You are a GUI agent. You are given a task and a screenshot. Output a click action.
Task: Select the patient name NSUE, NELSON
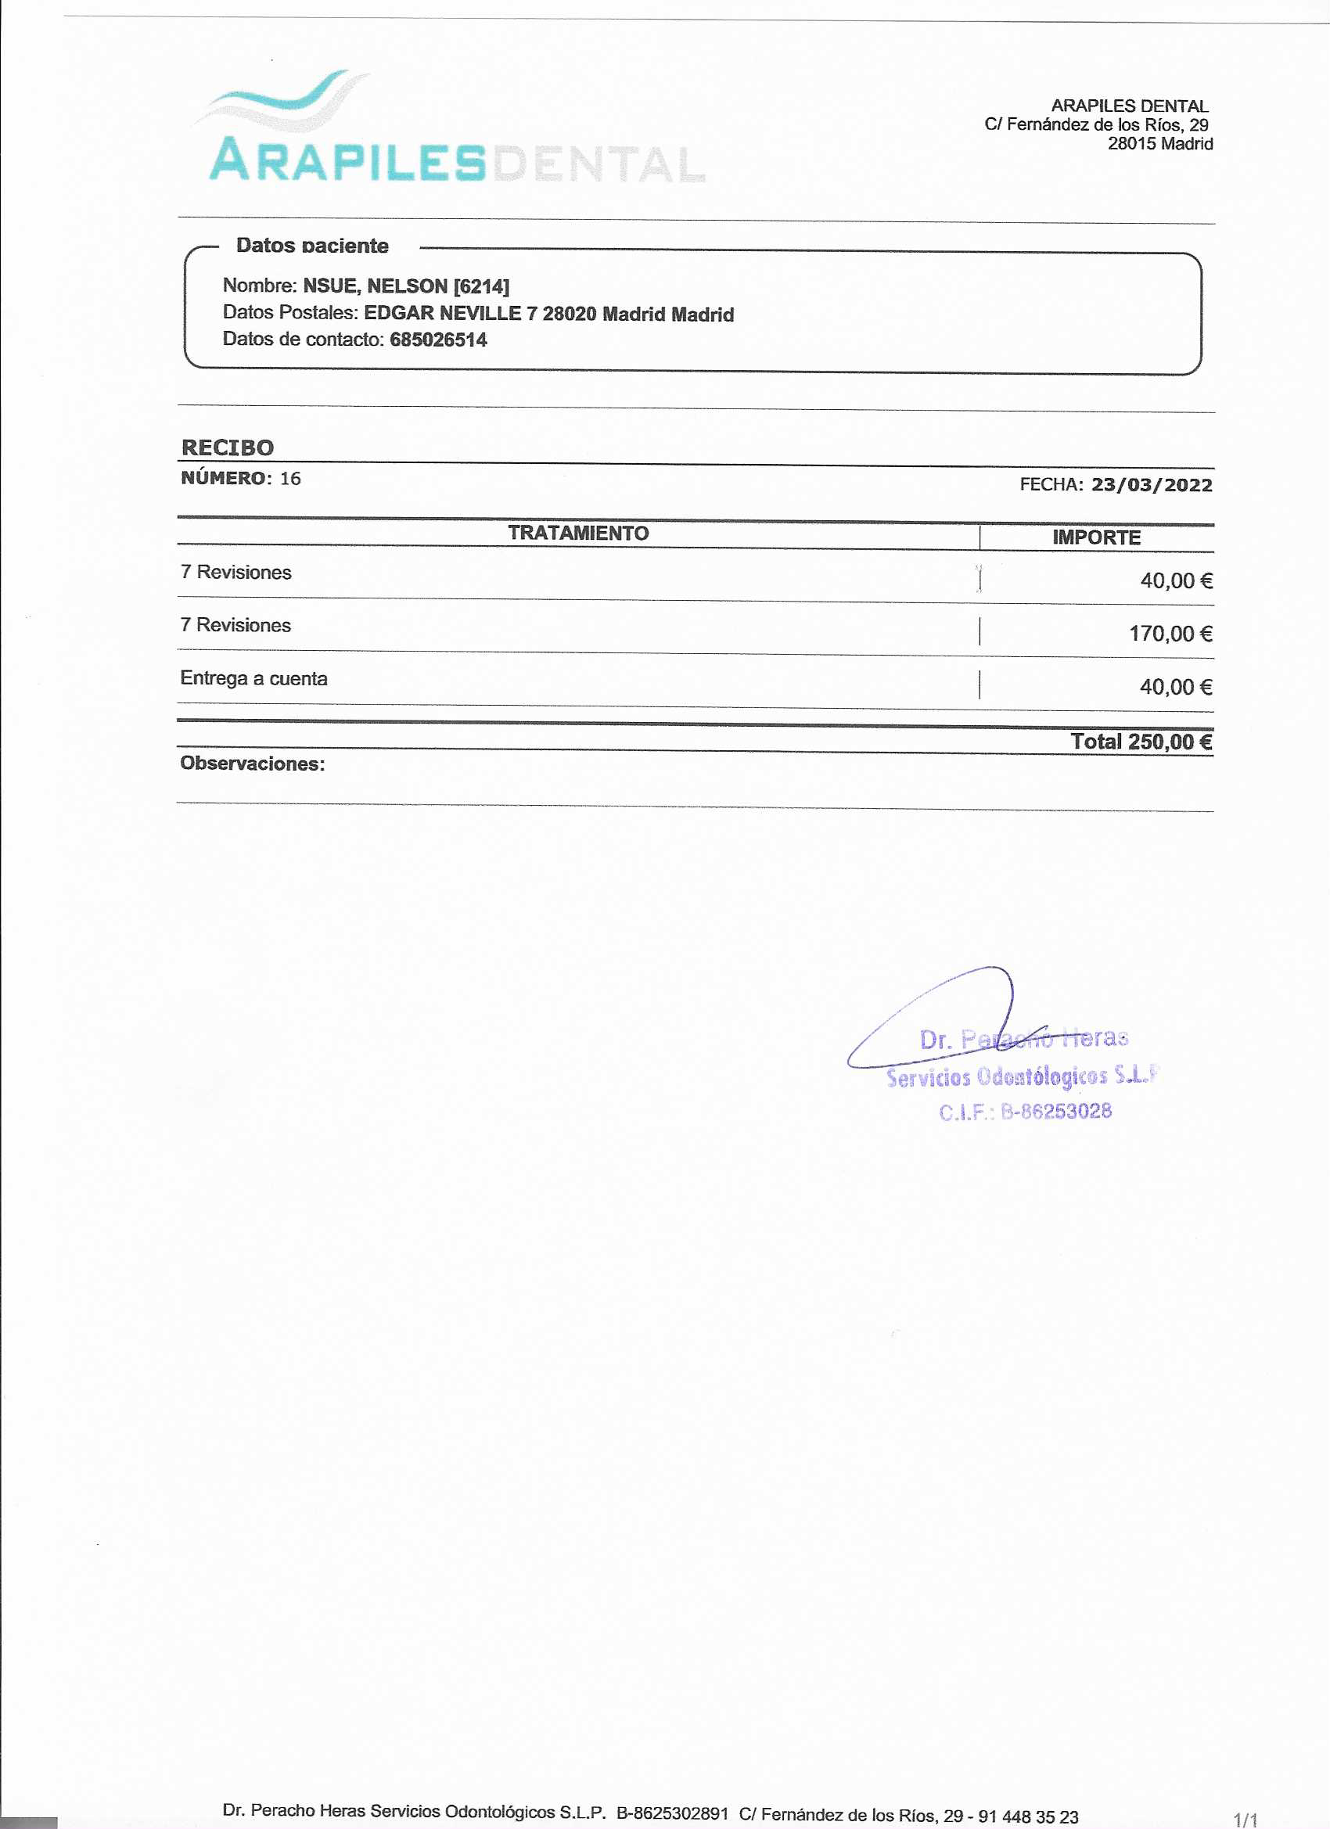tap(374, 286)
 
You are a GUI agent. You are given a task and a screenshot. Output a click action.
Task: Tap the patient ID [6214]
tap(481, 286)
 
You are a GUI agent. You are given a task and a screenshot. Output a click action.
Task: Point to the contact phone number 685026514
tap(438, 340)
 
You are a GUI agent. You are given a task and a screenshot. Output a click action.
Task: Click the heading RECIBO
tap(228, 447)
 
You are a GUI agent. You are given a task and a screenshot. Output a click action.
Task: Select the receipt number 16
tap(290, 479)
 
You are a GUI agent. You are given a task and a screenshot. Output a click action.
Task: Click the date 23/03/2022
tap(1151, 485)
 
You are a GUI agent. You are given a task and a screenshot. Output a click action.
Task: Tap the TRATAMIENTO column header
tap(578, 533)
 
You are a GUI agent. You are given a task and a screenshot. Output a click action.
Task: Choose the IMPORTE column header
tap(1096, 537)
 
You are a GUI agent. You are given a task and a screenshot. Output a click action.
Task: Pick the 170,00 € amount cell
tap(1170, 634)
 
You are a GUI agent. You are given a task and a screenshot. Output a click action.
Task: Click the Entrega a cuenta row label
tap(254, 678)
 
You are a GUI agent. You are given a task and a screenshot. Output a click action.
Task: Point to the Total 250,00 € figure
tap(1141, 741)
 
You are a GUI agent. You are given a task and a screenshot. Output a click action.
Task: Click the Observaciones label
tap(253, 764)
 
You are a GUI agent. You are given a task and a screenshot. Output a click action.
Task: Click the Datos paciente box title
tap(312, 245)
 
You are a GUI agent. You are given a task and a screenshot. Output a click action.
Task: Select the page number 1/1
tap(1245, 1820)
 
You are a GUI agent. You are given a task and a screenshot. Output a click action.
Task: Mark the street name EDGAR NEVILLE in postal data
tap(443, 313)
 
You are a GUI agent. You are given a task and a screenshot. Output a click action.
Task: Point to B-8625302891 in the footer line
tap(672, 1813)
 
